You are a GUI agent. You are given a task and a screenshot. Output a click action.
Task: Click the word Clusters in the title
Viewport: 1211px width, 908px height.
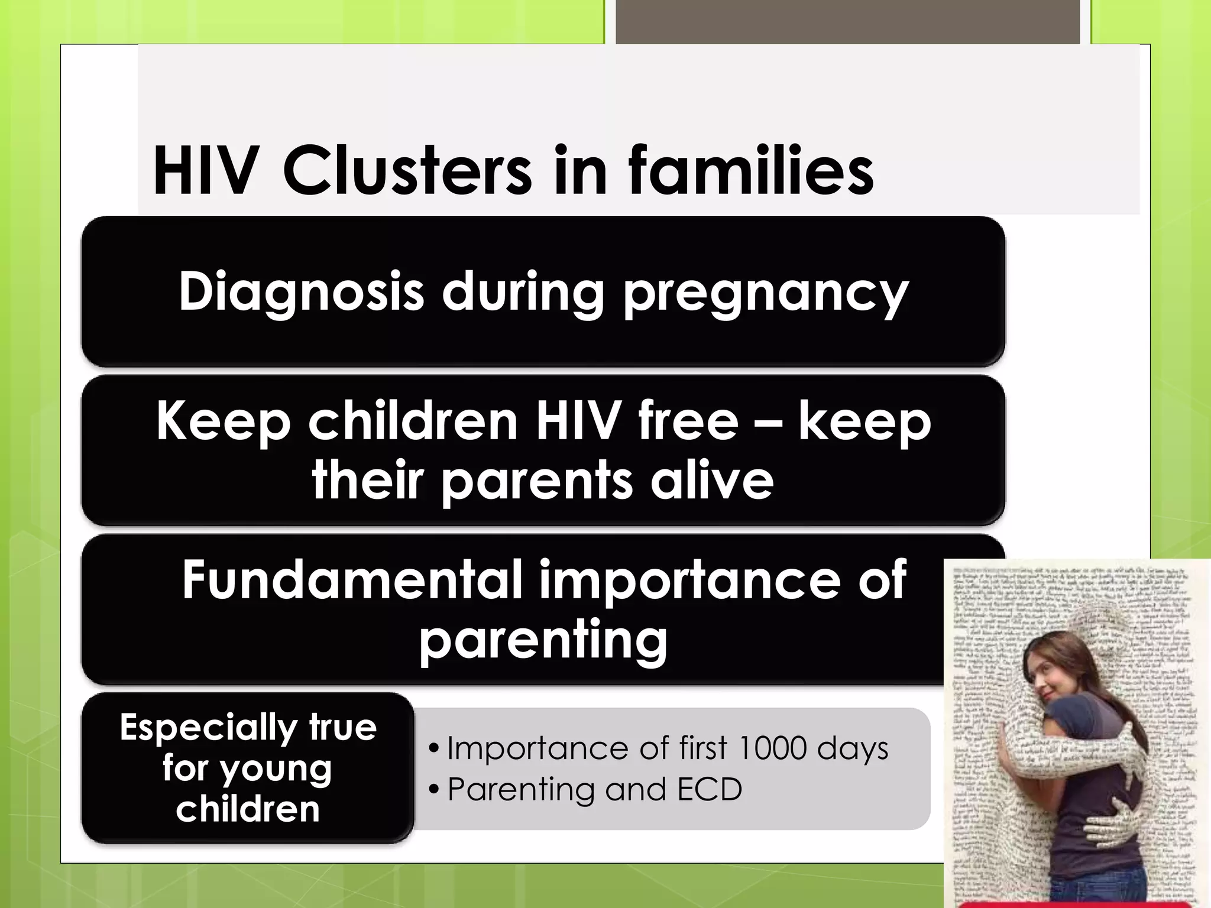pyautogui.click(x=407, y=171)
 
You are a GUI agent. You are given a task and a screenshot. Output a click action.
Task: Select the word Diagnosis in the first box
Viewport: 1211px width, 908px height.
pyautogui.click(x=302, y=291)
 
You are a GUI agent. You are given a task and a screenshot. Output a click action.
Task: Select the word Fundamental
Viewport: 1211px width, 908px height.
pyautogui.click(x=351, y=580)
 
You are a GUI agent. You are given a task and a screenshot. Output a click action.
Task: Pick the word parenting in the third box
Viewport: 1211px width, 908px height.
pyautogui.click(x=543, y=641)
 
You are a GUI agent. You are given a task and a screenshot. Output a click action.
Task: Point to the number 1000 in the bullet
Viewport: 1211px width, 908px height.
pyautogui.click(x=772, y=748)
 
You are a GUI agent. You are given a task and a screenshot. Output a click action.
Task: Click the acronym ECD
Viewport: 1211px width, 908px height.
pyautogui.click(x=709, y=789)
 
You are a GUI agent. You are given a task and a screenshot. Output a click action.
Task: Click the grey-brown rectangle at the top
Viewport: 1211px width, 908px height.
pyautogui.click(x=847, y=22)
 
